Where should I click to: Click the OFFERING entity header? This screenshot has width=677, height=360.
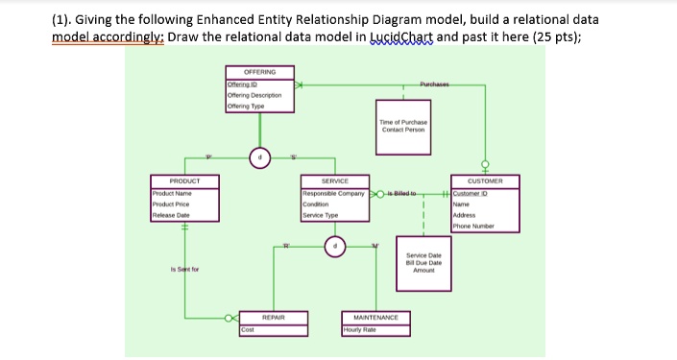point(259,71)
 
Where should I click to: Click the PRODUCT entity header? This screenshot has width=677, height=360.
point(182,180)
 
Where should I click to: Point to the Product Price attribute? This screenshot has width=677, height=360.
point(171,203)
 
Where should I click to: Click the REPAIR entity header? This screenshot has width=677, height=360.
point(277,316)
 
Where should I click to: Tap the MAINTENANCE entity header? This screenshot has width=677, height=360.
point(375,316)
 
